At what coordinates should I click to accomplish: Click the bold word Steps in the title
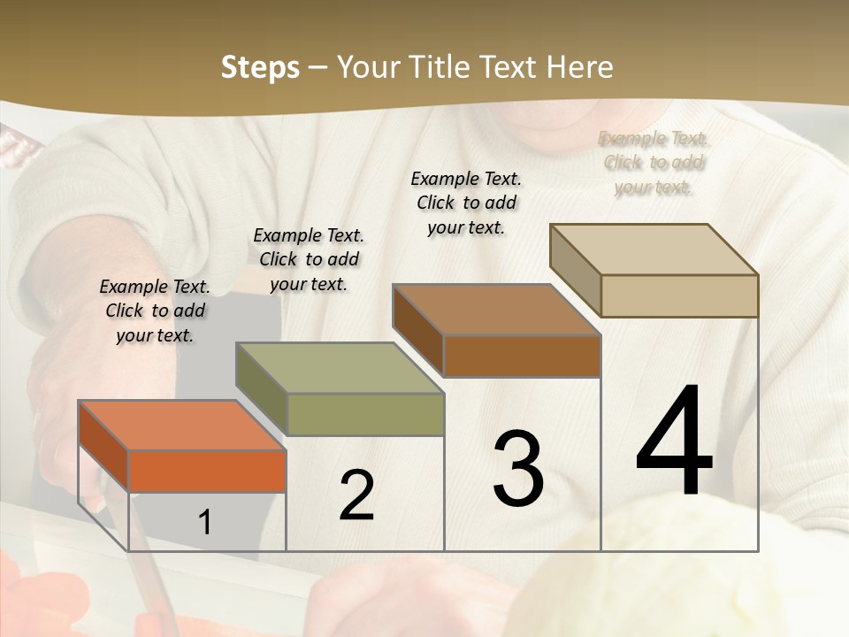[260, 67]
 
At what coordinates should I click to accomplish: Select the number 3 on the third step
[517, 468]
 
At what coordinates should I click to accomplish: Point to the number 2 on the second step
[356, 495]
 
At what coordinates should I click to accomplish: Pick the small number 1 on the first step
[205, 523]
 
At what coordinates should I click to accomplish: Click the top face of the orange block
[182, 426]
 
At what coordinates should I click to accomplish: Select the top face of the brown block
[497, 310]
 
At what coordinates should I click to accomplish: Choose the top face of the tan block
[654, 249]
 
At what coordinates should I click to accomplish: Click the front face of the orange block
[207, 471]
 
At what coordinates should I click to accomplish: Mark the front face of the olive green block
[365, 414]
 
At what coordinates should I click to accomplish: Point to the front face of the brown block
[522, 356]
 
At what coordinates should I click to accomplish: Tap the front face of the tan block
[679, 295]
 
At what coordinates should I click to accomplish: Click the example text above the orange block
[155, 311]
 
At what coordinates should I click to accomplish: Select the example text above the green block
[309, 259]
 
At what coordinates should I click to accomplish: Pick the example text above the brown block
[466, 203]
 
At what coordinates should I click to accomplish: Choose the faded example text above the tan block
[654, 163]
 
